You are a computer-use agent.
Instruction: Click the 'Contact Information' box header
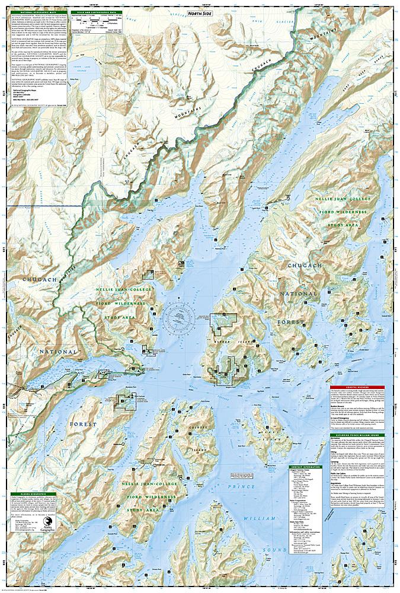tap(306, 467)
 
